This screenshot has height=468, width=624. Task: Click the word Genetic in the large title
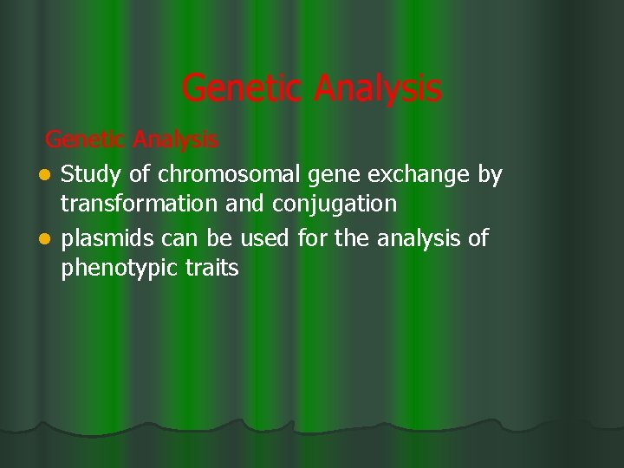pyautogui.click(x=244, y=88)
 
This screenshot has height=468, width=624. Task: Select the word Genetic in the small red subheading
pyautogui.click(x=82, y=139)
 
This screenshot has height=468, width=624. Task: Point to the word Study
pyautogui.click(x=92, y=175)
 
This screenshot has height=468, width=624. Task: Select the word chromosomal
pyautogui.click(x=218, y=175)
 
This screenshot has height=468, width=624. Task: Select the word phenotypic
pyautogui.click(x=120, y=270)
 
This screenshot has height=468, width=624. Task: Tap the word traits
pyautogui.click(x=212, y=269)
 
